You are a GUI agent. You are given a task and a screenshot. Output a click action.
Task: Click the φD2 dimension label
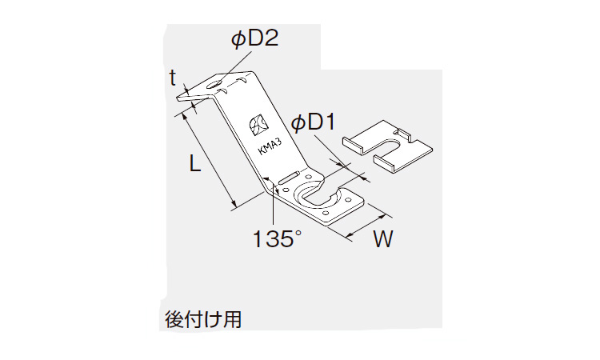click(255, 39)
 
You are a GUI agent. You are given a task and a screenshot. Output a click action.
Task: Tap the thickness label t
click(173, 78)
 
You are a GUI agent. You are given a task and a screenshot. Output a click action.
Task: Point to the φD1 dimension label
click(313, 123)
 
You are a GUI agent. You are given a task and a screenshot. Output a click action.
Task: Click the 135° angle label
click(277, 238)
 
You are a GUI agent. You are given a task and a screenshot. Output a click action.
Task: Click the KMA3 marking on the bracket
click(270, 146)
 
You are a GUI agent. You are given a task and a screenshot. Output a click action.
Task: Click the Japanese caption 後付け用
click(203, 319)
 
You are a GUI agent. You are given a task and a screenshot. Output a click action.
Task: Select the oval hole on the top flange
click(215, 84)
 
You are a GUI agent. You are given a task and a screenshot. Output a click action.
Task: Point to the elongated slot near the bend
click(289, 178)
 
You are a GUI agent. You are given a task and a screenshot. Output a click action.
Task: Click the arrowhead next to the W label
click(382, 217)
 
